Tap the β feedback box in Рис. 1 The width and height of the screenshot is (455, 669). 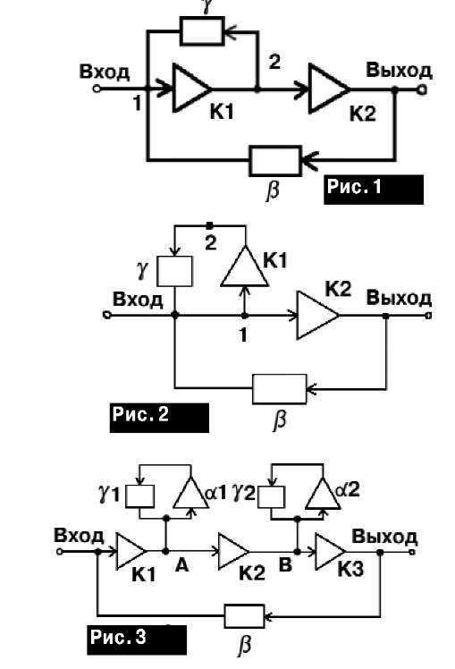pyautogui.click(x=275, y=161)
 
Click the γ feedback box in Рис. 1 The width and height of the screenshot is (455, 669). pyautogui.click(x=202, y=30)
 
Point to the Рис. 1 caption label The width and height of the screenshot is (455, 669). pyautogui.click(x=374, y=189)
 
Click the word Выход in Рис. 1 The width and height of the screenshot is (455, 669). pyautogui.click(x=399, y=71)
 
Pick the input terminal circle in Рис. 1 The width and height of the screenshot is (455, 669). pyautogui.click(x=97, y=89)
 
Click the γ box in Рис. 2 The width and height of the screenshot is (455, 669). pyautogui.click(x=174, y=271)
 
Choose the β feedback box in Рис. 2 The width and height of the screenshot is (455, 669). pyautogui.click(x=279, y=389)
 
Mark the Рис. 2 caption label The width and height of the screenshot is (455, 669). pyautogui.click(x=159, y=418)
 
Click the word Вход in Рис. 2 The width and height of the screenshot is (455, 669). pyautogui.click(x=138, y=299)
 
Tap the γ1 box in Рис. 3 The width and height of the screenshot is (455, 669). pyautogui.click(x=139, y=496)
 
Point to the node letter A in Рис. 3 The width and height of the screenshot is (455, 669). pyautogui.click(x=181, y=565)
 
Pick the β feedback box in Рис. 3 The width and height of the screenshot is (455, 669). pyautogui.click(x=244, y=615)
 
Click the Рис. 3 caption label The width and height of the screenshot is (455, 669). pyautogui.click(x=137, y=640)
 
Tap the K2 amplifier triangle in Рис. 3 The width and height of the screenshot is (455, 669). pyautogui.click(x=233, y=551)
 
